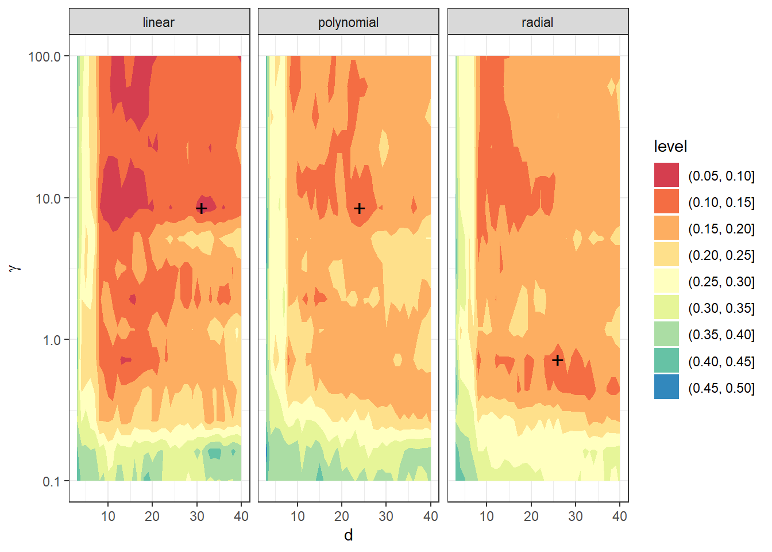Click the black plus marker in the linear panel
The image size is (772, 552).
click(x=201, y=208)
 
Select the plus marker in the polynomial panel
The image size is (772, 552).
click(x=359, y=208)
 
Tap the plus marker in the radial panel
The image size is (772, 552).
click(x=557, y=360)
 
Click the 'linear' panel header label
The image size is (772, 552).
click(x=159, y=22)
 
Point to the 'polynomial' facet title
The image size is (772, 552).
click(x=348, y=22)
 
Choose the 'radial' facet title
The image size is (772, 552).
click(x=537, y=22)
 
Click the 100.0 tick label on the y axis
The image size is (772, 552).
click(x=44, y=56)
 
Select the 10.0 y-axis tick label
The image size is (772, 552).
click(x=48, y=198)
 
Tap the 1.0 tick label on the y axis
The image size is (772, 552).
click(x=51, y=340)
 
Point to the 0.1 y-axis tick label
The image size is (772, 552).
click(x=51, y=481)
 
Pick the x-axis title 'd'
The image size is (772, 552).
click(x=348, y=535)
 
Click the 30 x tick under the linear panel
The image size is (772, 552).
click(x=196, y=516)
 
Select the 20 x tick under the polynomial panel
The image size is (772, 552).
click(x=342, y=516)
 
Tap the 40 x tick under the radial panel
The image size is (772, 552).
click(x=619, y=516)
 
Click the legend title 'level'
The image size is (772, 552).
click(x=670, y=147)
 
